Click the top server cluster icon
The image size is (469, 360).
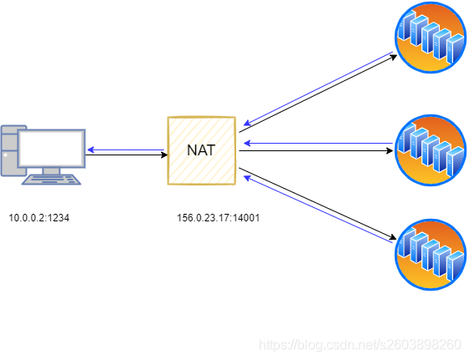click(430, 38)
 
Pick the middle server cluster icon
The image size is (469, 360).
click(430, 150)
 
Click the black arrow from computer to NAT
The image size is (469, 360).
click(125, 156)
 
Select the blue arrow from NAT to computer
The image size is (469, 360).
click(125, 150)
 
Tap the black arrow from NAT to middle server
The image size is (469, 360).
click(317, 152)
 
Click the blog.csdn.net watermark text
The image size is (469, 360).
click(361, 344)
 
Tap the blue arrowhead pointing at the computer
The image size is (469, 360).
click(89, 150)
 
